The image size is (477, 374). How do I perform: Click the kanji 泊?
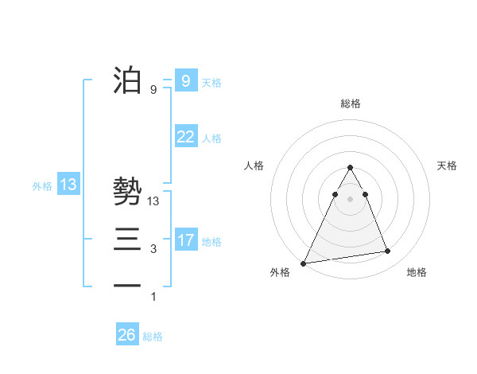(x=127, y=80)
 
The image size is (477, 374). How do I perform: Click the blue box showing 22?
(x=185, y=137)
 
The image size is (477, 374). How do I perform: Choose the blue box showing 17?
(x=185, y=240)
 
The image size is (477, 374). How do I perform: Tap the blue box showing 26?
(x=126, y=335)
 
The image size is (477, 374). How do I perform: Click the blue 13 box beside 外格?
(x=68, y=185)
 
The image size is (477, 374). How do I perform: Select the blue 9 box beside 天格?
(x=185, y=80)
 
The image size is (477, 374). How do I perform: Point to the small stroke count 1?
(x=153, y=298)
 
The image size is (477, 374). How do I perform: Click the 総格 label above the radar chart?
(x=351, y=103)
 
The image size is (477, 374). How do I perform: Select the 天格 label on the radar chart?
(x=447, y=166)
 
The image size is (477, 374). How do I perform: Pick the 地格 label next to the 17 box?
(x=212, y=241)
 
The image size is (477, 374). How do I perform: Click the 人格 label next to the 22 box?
(x=212, y=138)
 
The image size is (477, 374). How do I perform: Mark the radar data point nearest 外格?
(x=304, y=263)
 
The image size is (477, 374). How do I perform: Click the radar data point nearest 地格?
(x=388, y=251)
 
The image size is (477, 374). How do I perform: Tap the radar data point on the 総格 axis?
(x=350, y=168)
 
